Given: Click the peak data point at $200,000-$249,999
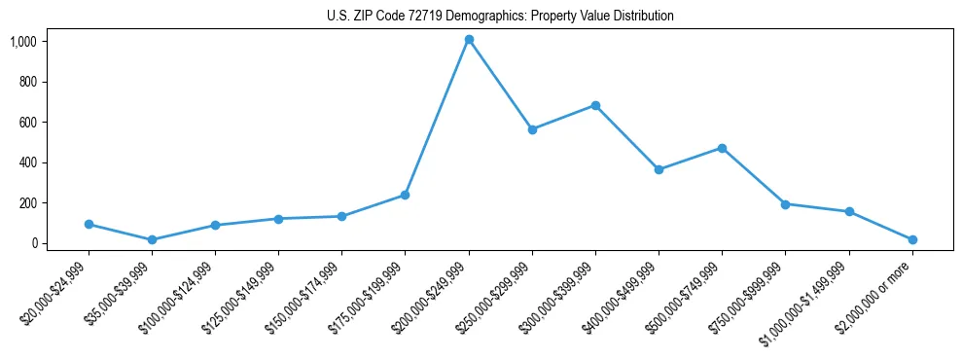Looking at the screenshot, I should click(x=469, y=40).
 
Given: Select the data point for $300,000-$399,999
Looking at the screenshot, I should click(x=595, y=105).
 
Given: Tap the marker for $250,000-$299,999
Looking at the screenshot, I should click(x=532, y=129).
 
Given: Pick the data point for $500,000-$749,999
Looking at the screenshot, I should click(x=722, y=148).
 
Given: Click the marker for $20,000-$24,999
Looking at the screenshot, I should click(x=89, y=224).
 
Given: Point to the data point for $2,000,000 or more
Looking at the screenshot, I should click(x=912, y=239).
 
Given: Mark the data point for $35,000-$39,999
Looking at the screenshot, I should click(x=152, y=239).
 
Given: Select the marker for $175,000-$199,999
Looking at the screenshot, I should click(x=405, y=195).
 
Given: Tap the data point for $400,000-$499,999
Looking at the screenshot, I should click(x=659, y=169).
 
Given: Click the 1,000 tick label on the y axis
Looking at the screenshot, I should click(x=23, y=41).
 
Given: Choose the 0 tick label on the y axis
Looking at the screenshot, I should click(x=33, y=243).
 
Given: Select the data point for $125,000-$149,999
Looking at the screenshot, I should click(x=278, y=219).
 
